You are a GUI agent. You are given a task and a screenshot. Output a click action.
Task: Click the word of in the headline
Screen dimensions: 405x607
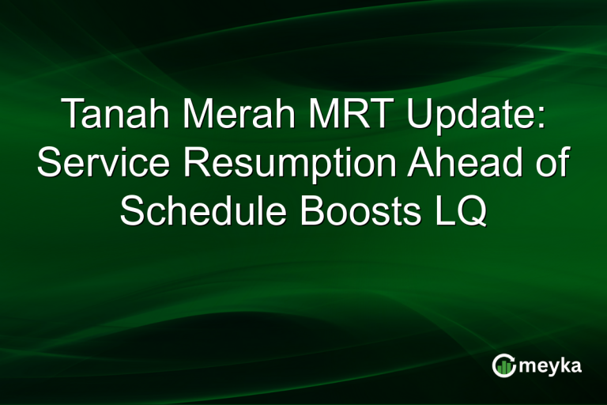[552, 164]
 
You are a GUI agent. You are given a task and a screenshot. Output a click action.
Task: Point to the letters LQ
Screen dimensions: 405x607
[459, 211]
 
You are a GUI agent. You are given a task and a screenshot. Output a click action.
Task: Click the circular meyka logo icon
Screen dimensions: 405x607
[503, 365]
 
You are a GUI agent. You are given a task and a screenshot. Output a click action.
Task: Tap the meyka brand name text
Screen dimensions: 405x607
[549, 366]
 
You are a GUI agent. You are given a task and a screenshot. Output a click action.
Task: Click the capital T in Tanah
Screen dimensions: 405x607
[72, 116]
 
